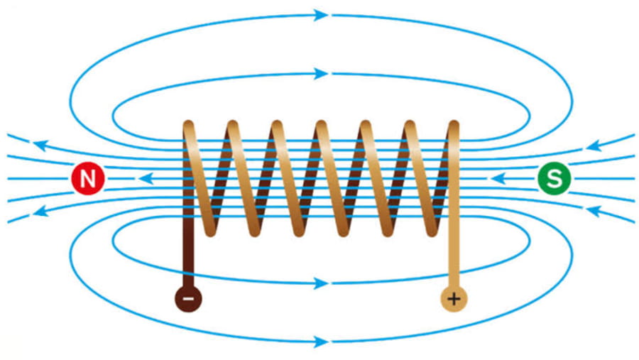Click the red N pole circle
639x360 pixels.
point(88,178)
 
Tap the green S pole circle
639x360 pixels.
point(555,178)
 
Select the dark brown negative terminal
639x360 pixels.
point(188,299)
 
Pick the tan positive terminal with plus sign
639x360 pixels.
point(454,299)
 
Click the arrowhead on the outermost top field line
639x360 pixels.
point(321,15)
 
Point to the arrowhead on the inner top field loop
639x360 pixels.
point(321,74)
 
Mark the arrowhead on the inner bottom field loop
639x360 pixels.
point(321,283)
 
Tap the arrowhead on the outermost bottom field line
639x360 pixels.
point(321,342)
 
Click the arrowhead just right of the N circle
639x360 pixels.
point(146,178)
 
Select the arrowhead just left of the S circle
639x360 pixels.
point(498,178)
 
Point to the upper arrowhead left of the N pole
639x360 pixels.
point(40,145)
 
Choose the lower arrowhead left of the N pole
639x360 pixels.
point(40,211)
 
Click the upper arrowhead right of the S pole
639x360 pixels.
point(594,145)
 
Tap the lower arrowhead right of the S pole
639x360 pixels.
point(594,211)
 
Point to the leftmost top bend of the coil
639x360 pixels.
point(188,126)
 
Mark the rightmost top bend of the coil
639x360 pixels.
point(454,126)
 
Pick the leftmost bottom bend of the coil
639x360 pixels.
point(210,231)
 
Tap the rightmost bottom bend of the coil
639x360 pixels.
point(432,231)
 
